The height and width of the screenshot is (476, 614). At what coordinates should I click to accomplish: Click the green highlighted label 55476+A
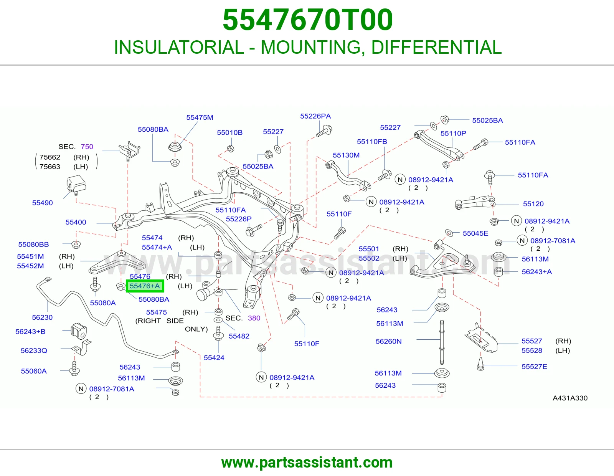pyautogui.click(x=145, y=286)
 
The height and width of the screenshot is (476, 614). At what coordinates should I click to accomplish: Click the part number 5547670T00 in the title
pyautogui.click(x=307, y=20)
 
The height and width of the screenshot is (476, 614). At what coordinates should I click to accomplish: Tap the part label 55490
pyautogui.click(x=42, y=203)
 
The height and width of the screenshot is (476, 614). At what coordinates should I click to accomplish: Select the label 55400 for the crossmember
pyautogui.click(x=76, y=222)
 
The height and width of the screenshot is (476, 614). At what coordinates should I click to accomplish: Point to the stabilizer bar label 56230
pyautogui.click(x=42, y=317)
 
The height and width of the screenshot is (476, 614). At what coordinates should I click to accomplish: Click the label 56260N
pyautogui.click(x=388, y=342)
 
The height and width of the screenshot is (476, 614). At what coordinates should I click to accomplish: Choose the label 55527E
pyautogui.click(x=534, y=367)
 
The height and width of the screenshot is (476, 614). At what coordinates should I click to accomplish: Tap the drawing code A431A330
pyautogui.click(x=570, y=398)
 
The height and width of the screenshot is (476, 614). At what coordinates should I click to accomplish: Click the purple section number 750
pyautogui.click(x=87, y=146)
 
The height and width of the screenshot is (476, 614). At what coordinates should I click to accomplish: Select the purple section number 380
pyautogui.click(x=254, y=318)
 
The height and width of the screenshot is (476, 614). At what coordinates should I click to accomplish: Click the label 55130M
pyautogui.click(x=346, y=155)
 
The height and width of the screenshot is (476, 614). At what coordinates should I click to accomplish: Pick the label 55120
pyautogui.click(x=533, y=204)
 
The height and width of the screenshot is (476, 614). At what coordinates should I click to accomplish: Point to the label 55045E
pyautogui.click(x=475, y=233)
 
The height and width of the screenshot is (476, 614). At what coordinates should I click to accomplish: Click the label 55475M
pyautogui.click(x=200, y=117)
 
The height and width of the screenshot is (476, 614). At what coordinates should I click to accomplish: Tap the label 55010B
pyautogui.click(x=230, y=132)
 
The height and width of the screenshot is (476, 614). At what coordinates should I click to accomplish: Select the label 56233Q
pyautogui.click(x=34, y=350)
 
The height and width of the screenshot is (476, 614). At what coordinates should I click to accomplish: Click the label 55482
pyautogui.click(x=239, y=336)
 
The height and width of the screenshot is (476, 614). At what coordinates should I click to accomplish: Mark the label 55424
pyautogui.click(x=214, y=357)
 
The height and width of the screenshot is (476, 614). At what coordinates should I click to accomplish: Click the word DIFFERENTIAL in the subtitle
pyautogui.click(x=437, y=47)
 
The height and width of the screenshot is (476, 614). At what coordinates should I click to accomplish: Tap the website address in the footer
pyautogui.click(x=307, y=463)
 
